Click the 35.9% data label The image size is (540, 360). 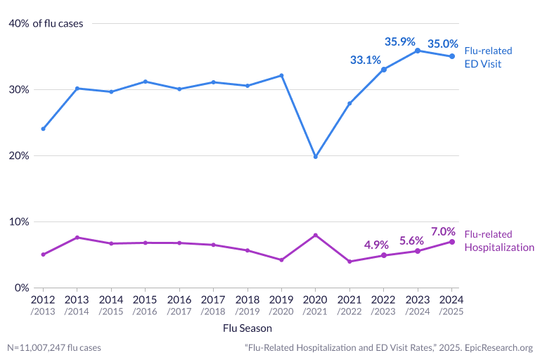pyautogui.click(x=400, y=41)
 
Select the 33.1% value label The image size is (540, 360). pyautogui.click(x=366, y=60)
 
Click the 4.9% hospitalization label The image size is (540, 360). pyautogui.click(x=376, y=245)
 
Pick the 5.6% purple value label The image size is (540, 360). pyautogui.click(x=411, y=240)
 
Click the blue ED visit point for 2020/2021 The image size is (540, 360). pyautogui.click(x=315, y=156)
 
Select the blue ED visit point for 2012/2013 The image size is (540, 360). pyautogui.click(x=43, y=129)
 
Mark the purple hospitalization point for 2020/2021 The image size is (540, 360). pyautogui.click(x=315, y=235)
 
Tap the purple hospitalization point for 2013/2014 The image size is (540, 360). pyautogui.click(x=77, y=238)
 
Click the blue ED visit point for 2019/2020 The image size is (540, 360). pyautogui.click(x=281, y=75)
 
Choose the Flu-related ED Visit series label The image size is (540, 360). pyautogui.click(x=488, y=58)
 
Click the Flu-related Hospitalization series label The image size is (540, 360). pyautogui.click(x=499, y=240)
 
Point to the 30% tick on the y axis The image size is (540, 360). pyautogui.click(x=19, y=90)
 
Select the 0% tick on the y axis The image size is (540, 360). pyautogui.click(x=22, y=288)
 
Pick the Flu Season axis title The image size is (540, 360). pyautogui.click(x=247, y=328)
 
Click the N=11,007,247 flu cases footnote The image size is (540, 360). pyautogui.click(x=54, y=347)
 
